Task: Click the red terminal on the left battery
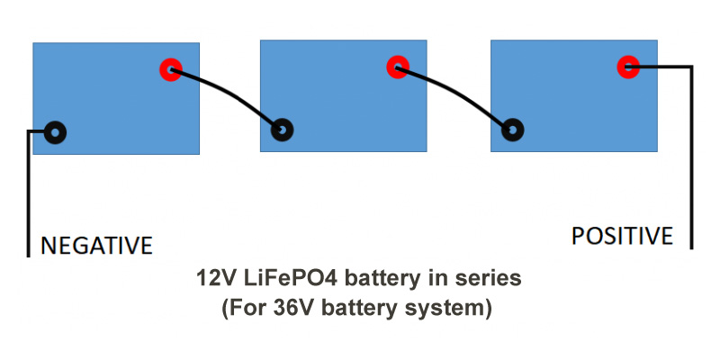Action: (170, 69)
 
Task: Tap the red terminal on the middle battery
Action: (397, 66)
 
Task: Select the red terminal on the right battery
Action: (627, 66)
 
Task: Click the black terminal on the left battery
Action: (55, 132)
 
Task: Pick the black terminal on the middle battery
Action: (282, 130)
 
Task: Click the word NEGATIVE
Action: (96, 245)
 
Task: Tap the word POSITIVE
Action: (622, 236)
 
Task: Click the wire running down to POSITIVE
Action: (690, 153)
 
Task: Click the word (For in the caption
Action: (241, 309)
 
